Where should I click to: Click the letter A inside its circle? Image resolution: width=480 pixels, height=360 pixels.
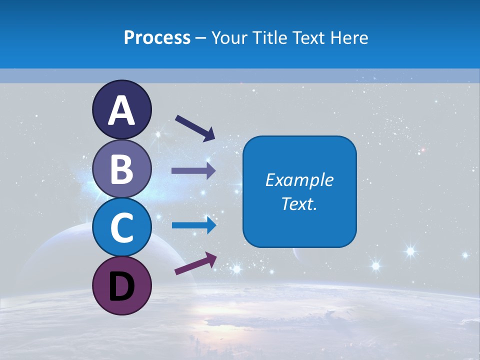(121, 110)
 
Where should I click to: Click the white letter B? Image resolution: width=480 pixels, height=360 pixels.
(121, 168)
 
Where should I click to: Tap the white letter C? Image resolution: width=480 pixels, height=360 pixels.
(121, 227)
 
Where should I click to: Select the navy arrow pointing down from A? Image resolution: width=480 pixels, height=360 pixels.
(194, 128)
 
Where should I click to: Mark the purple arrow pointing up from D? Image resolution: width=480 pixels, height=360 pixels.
(195, 263)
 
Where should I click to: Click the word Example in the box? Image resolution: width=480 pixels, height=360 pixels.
(299, 180)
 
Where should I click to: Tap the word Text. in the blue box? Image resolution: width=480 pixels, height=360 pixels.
(299, 204)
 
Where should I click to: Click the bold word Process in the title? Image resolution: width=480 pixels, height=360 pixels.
(157, 37)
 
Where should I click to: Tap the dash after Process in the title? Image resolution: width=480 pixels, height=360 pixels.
(200, 38)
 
